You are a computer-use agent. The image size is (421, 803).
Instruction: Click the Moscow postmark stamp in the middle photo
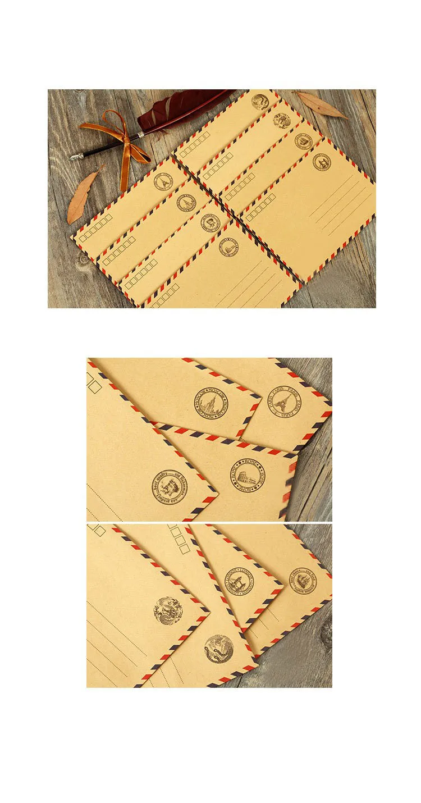click(x=211, y=403)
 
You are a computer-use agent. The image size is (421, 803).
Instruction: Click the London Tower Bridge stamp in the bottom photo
click(x=239, y=582)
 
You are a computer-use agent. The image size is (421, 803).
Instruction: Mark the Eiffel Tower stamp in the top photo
click(x=164, y=181)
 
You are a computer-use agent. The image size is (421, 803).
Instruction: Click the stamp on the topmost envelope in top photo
click(x=260, y=101)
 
